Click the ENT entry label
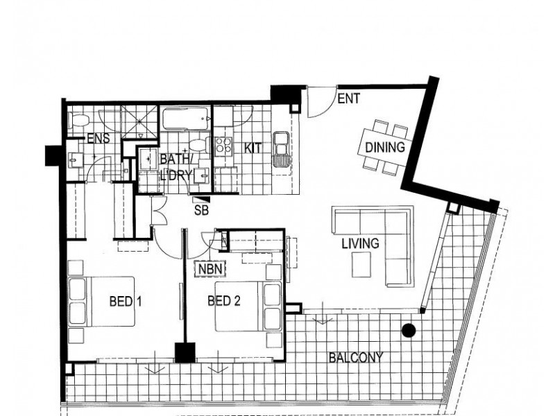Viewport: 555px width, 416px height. (349, 98)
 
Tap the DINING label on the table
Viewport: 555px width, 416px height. (385, 147)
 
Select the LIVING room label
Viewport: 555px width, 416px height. (360, 243)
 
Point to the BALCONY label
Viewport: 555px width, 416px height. (356, 358)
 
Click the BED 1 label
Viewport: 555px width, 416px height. (126, 302)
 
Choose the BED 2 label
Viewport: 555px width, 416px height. (223, 301)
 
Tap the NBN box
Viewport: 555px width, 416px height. (210, 269)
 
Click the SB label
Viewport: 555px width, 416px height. (201, 211)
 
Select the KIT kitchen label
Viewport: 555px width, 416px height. (253, 148)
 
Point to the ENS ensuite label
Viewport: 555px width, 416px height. (99, 138)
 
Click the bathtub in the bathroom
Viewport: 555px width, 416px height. (185, 119)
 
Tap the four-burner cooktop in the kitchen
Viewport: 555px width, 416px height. (223, 146)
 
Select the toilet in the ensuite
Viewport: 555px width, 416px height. (78, 120)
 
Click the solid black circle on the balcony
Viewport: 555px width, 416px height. (409, 331)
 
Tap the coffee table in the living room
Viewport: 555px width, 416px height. (361, 265)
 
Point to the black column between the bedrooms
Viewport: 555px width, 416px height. (185, 352)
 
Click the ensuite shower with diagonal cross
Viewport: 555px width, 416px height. (139, 122)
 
